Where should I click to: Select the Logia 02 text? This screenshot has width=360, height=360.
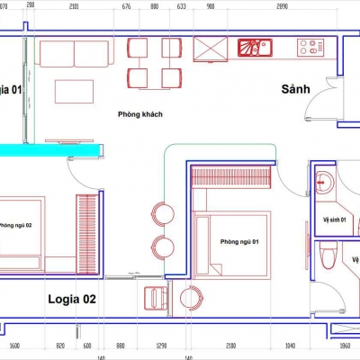tap(71, 298)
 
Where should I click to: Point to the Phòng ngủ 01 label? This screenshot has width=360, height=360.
tap(241, 241)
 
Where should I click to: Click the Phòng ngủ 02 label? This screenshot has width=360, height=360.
tap(15, 225)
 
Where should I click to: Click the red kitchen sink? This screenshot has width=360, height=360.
tap(255, 47)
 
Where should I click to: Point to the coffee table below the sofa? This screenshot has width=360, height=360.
tap(76, 91)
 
